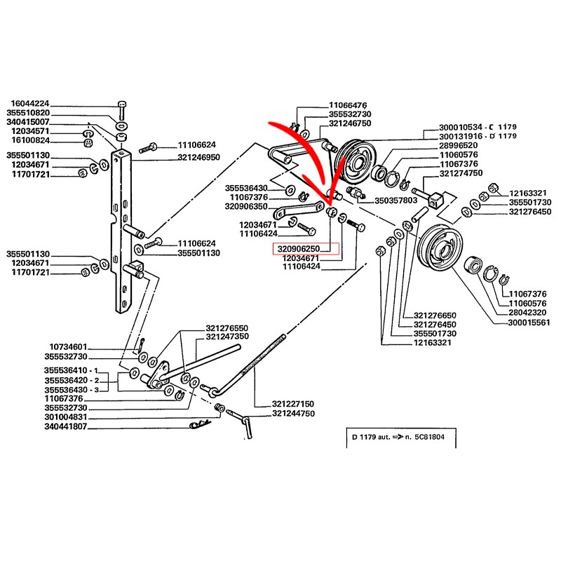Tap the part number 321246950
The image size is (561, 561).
click(199, 157)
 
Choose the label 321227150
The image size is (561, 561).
click(294, 405)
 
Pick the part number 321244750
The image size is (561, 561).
click(294, 414)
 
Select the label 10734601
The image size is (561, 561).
click(68, 346)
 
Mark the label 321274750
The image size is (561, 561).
click(461, 173)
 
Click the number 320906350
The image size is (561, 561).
click(246, 207)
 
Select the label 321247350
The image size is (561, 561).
click(227, 337)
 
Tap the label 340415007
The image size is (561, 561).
click(29, 122)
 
